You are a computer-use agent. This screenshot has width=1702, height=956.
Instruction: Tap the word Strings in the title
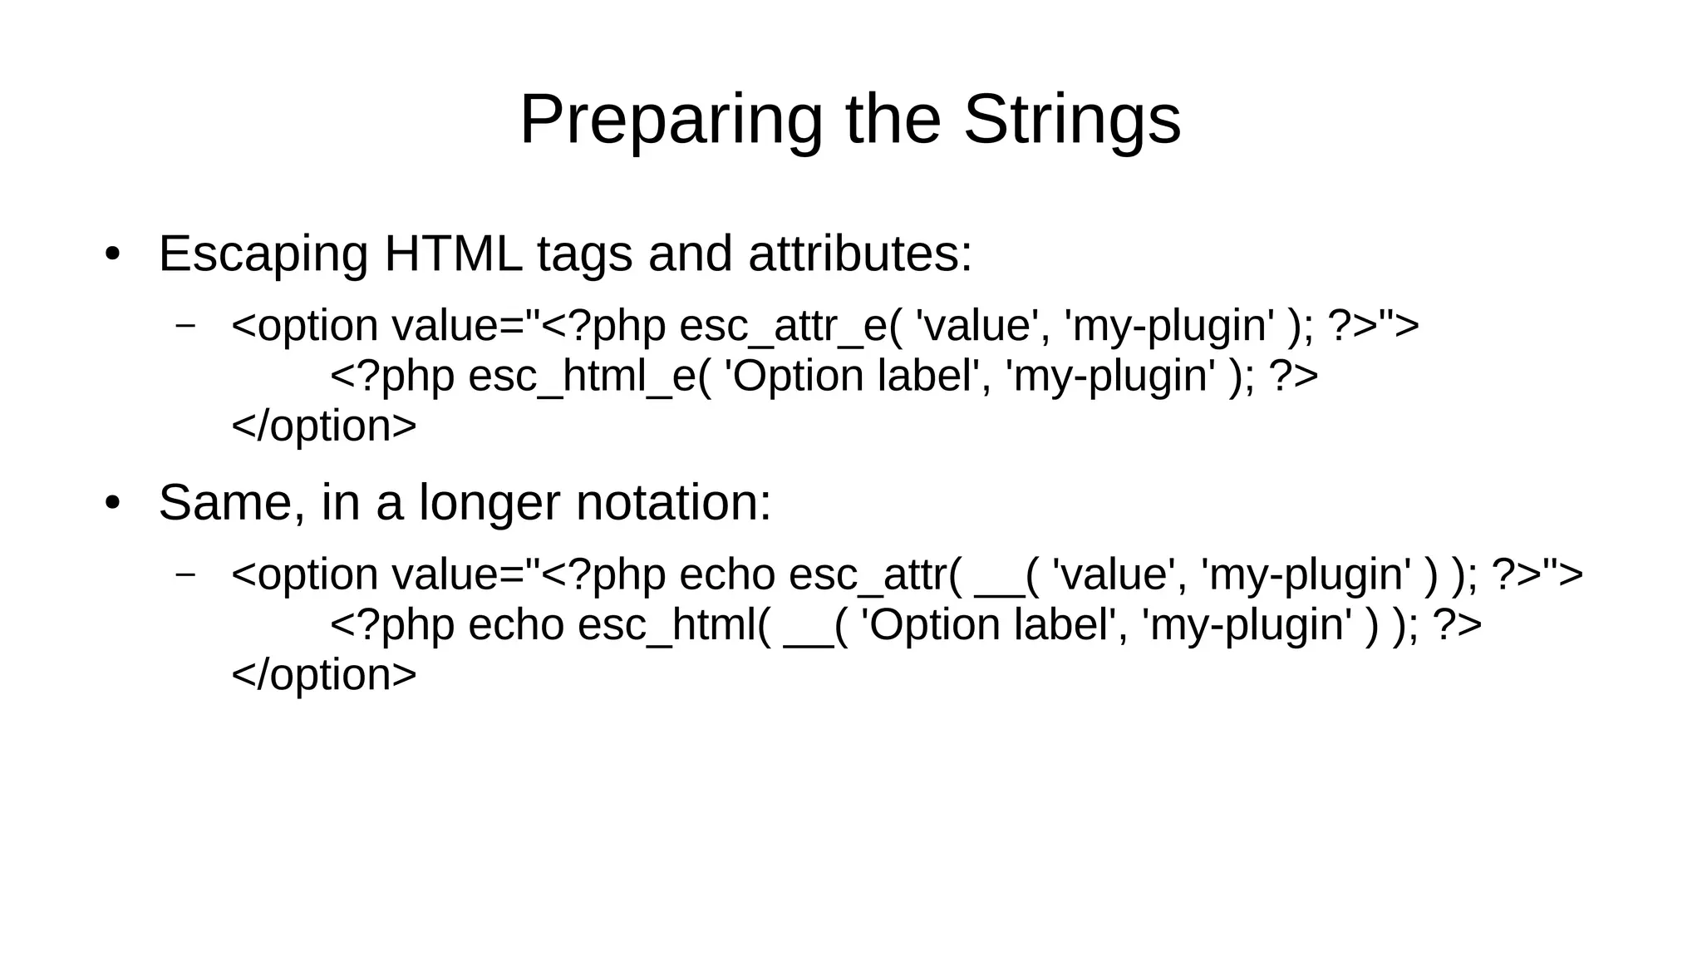tap(1071, 121)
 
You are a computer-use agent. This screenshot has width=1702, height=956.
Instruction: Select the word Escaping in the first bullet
tap(263, 254)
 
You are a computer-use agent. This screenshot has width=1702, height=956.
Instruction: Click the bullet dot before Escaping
tap(113, 254)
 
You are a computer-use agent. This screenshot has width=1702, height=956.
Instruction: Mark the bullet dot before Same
tap(113, 504)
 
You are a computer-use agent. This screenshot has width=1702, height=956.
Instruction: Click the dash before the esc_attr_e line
tap(186, 325)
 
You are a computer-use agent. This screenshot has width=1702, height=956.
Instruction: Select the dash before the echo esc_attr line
tap(186, 574)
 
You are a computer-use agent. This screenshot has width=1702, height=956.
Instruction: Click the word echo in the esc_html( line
tap(516, 625)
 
